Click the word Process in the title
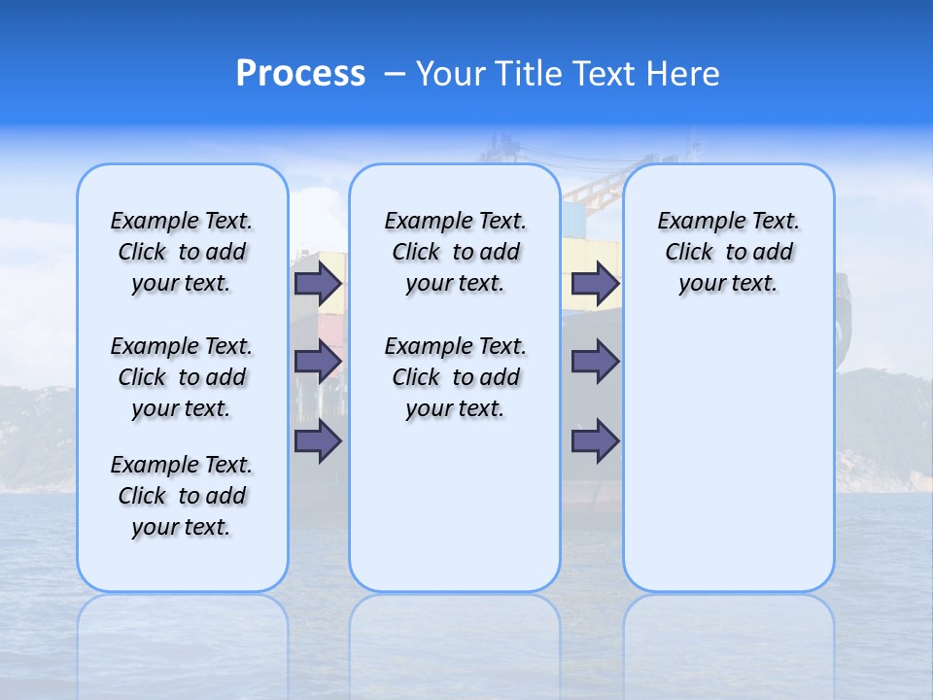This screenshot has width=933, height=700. click(300, 74)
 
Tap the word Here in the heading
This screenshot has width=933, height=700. click(679, 74)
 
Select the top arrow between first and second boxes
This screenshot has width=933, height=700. click(318, 283)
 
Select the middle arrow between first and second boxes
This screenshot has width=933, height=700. click(318, 362)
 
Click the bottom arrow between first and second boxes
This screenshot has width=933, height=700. click(318, 440)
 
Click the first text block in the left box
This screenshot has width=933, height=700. click(182, 252)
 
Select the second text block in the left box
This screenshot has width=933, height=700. click(182, 377)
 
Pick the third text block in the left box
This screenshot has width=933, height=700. click(182, 496)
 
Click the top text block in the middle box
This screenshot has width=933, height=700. click(455, 252)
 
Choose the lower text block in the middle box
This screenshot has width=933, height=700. click(455, 377)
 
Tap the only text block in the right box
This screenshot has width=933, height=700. click(728, 252)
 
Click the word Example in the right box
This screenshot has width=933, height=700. click(695, 222)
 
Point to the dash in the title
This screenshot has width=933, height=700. click(395, 74)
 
